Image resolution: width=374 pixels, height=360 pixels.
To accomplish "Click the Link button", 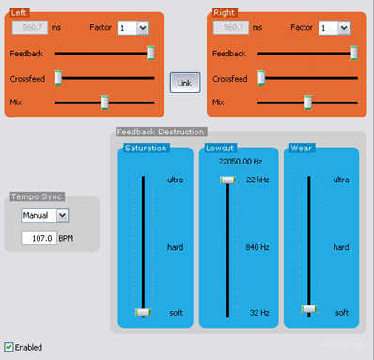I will coord(184,83).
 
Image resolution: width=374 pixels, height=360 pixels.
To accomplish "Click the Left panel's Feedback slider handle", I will coord(150,54).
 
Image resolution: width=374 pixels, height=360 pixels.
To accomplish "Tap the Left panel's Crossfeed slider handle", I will coord(58,77).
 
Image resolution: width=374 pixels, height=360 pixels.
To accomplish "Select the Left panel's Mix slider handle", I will coord(104,101).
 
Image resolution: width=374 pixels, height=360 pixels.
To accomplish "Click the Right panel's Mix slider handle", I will coord(307,101).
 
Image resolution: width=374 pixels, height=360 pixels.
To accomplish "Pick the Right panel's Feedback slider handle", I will coord(353,54).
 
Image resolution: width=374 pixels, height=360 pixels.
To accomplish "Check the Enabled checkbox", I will coord(9,347).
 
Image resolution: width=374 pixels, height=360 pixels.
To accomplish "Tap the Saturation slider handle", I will coord(143,311).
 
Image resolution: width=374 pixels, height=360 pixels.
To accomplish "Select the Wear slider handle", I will coord(308,308).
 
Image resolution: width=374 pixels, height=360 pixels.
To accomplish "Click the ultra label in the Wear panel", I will coord(342,180).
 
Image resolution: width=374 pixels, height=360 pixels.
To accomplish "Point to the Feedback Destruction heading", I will coord(160,132).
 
